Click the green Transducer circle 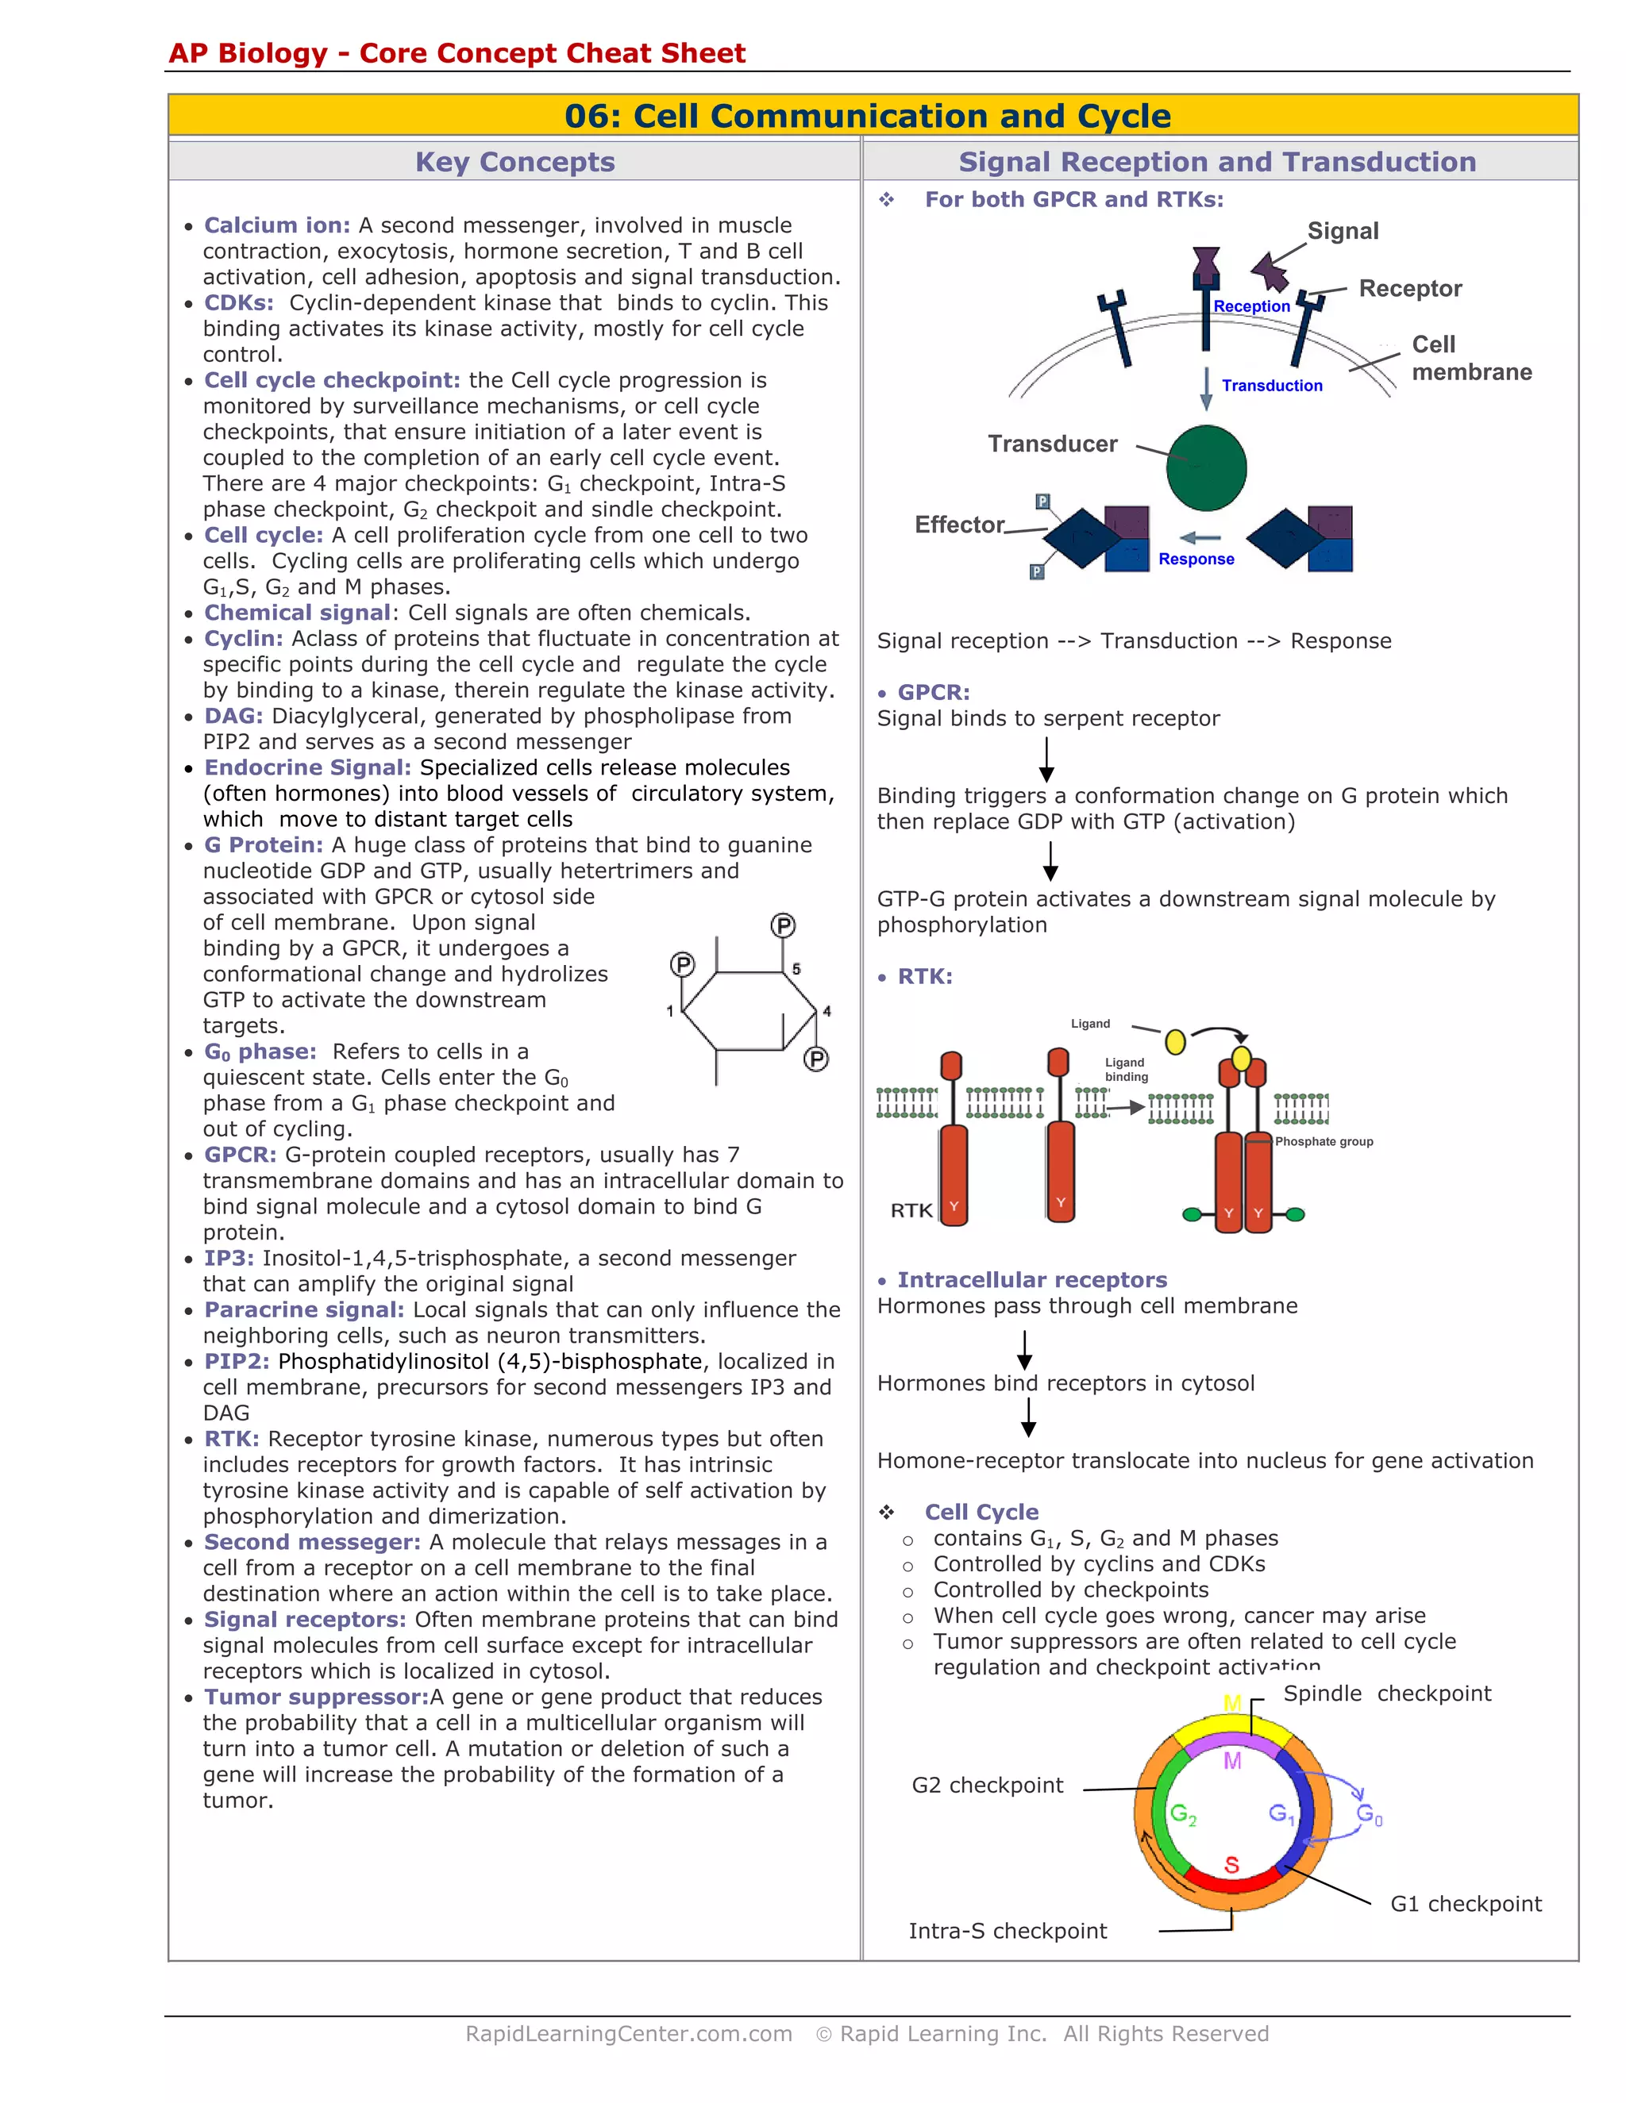coord(1206,468)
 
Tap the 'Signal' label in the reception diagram coord(1343,231)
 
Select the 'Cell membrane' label coord(1471,358)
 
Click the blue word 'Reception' coord(1251,306)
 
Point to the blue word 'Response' coord(1196,559)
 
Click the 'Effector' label coord(959,525)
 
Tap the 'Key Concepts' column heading coord(514,162)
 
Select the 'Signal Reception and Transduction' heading coord(1216,162)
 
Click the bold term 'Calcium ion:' coord(277,225)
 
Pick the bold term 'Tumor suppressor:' coord(316,1697)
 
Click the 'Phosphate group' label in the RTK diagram coord(1324,1141)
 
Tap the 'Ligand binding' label coord(1126,1070)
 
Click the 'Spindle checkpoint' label coord(1386,1694)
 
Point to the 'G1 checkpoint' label coord(1465,1904)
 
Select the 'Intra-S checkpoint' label coord(1008,1931)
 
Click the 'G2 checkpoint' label coord(988,1786)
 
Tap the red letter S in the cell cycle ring coord(1231,1865)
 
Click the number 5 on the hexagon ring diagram coord(796,969)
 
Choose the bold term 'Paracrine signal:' coord(304,1309)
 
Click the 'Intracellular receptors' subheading coord(1031,1280)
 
